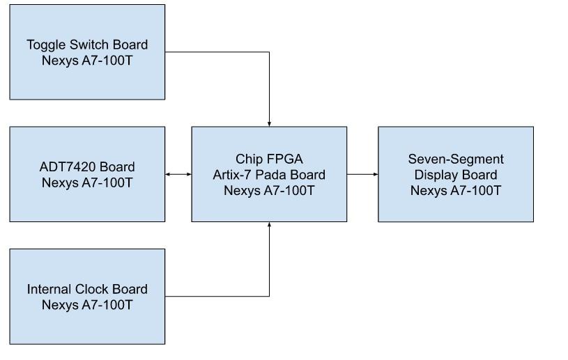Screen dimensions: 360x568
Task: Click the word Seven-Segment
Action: coord(455,159)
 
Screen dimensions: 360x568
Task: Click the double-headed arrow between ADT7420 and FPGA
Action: coord(178,174)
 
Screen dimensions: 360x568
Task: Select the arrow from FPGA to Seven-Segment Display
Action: coord(362,174)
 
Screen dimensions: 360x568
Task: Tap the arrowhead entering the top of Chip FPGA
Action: coord(269,123)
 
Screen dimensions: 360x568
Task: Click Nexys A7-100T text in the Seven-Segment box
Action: coord(455,190)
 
